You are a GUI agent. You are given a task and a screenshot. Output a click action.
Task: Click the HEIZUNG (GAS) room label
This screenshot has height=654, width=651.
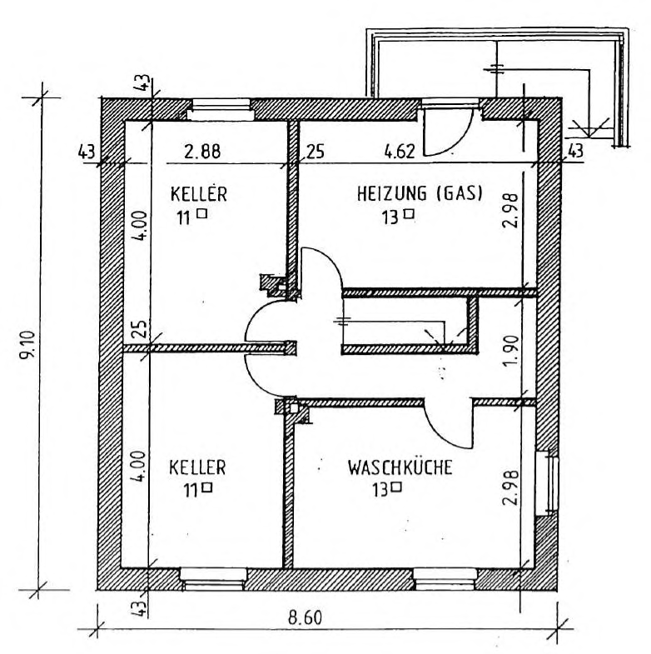[420, 194]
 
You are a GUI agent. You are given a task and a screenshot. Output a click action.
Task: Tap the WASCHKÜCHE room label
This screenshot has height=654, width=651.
[400, 467]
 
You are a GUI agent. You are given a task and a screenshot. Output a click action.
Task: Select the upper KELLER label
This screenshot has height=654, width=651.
[199, 194]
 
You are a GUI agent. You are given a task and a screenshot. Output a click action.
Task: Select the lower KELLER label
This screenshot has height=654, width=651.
[197, 467]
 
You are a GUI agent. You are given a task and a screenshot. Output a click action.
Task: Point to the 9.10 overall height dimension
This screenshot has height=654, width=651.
[29, 344]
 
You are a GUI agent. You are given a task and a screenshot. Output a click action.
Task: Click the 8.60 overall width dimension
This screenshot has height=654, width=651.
[305, 617]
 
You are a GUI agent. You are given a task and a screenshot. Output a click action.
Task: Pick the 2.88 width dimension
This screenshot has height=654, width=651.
[202, 152]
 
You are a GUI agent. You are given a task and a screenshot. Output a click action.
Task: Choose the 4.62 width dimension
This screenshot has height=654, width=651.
[400, 152]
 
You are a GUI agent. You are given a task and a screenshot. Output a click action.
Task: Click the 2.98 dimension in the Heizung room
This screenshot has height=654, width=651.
[510, 210]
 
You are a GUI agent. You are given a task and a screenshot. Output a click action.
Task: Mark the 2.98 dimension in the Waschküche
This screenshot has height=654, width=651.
[510, 488]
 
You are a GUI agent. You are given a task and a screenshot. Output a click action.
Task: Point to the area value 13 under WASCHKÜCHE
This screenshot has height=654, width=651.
[380, 490]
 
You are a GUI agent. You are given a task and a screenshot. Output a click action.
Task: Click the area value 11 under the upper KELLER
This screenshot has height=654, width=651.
[184, 217]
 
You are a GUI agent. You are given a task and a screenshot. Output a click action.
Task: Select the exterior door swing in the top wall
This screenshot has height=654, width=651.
[448, 132]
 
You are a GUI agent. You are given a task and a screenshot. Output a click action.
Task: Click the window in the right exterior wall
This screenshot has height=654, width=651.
[546, 483]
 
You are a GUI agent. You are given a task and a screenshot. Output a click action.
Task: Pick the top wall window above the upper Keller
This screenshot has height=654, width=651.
[220, 109]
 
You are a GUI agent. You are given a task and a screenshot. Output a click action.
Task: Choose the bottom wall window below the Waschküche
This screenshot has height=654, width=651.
[445, 579]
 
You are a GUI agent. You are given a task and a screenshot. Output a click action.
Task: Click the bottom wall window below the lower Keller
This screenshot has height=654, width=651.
[213, 579]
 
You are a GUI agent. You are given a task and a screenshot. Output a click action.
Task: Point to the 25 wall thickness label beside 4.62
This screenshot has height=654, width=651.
[315, 152]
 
